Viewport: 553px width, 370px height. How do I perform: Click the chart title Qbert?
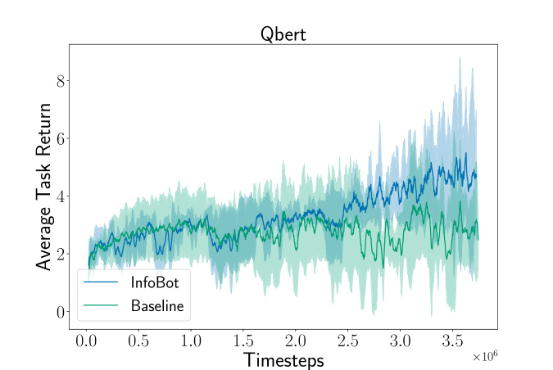(x=283, y=34)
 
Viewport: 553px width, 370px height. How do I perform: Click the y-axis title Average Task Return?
(x=43, y=187)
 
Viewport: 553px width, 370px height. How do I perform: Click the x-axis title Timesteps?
(x=283, y=360)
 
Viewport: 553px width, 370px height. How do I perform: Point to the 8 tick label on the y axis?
(x=61, y=81)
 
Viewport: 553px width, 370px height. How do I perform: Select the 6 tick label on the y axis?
(x=61, y=139)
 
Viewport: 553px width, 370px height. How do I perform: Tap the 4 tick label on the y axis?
(x=61, y=196)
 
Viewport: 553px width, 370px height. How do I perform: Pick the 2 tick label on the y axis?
(x=61, y=254)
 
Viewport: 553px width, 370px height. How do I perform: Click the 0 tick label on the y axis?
(x=61, y=312)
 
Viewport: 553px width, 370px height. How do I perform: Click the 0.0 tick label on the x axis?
(x=86, y=341)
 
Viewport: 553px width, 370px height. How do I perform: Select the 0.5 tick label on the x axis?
(x=138, y=341)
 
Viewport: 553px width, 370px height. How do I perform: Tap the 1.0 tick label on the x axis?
(x=191, y=341)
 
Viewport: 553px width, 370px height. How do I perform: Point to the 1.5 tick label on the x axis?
(x=243, y=341)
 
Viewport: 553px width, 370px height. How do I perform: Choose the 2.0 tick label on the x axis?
(x=296, y=341)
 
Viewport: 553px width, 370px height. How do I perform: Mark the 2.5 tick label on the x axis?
(x=347, y=341)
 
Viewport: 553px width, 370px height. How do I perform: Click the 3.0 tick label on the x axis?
(x=401, y=341)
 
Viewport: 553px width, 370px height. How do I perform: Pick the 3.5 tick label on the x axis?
(x=452, y=341)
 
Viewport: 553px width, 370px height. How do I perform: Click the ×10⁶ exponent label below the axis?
(x=485, y=356)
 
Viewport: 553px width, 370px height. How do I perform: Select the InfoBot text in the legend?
(x=155, y=282)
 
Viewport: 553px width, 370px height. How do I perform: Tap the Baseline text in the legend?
(x=157, y=305)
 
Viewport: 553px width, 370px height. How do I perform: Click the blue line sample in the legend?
(x=101, y=282)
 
